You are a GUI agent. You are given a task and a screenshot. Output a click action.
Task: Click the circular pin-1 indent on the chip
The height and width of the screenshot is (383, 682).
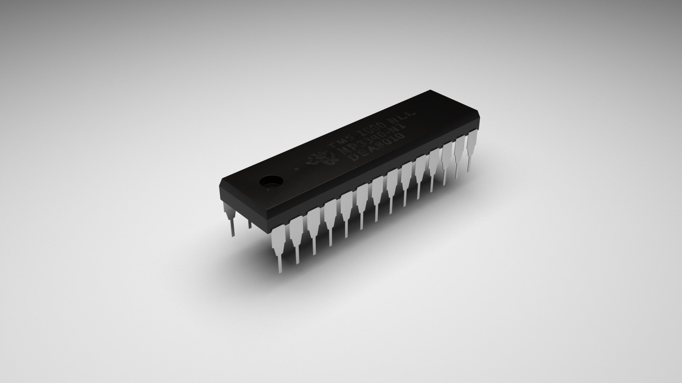[x=271, y=181]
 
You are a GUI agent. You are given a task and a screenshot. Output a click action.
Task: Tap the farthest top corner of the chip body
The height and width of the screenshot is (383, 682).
[x=430, y=90]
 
